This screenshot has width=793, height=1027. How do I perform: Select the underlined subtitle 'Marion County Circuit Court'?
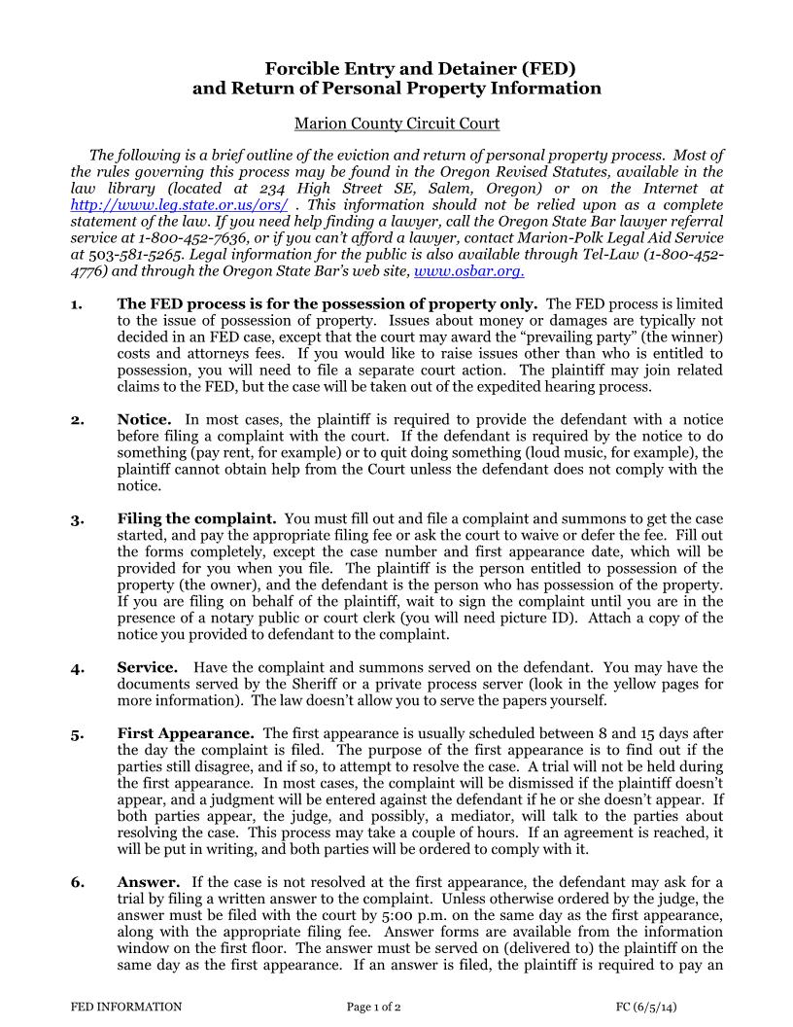[x=396, y=124]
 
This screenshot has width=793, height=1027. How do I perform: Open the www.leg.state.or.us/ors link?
[x=179, y=204]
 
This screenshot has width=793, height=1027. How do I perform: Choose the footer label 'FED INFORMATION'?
[x=126, y=1007]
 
